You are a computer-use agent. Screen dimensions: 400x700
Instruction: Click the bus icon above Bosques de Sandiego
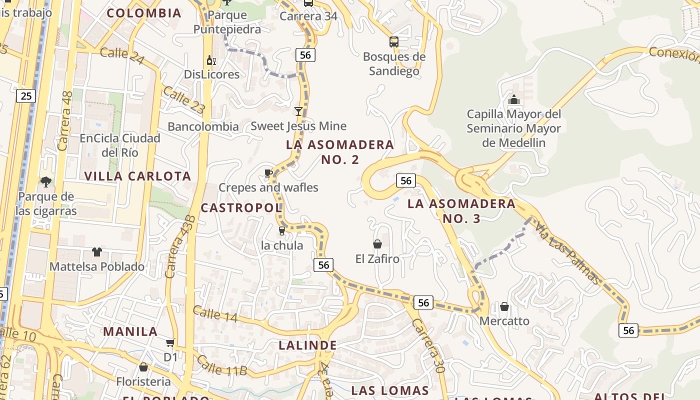(394, 42)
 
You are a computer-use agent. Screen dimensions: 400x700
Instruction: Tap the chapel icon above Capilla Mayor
(513, 100)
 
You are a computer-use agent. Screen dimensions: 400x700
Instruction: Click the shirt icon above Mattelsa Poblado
(96, 252)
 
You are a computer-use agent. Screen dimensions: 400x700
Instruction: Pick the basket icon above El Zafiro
(377, 244)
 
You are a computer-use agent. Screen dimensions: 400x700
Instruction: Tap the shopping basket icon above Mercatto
(504, 306)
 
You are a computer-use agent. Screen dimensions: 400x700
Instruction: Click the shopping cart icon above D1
(170, 342)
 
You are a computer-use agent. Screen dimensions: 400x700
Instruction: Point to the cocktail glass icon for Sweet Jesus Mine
(298, 111)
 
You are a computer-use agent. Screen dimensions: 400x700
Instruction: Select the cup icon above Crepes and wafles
(268, 173)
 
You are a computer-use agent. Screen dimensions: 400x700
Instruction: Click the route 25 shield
(26, 95)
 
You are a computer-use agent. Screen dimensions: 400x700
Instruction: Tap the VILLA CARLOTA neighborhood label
(138, 176)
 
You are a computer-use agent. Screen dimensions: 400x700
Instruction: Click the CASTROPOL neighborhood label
(241, 207)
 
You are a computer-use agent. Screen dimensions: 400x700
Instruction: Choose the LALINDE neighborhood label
(307, 345)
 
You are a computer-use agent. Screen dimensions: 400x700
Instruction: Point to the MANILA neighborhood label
(130, 331)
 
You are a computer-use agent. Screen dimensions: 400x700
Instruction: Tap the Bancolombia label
(203, 126)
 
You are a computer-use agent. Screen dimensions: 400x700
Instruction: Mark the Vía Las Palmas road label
(567, 253)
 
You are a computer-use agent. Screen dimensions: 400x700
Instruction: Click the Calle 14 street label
(215, 314)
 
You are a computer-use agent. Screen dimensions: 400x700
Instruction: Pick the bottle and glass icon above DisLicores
(211, 60)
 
